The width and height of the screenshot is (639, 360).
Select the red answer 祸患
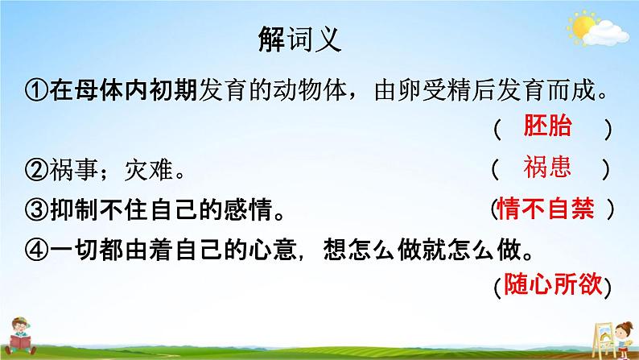click(x=547, y=167)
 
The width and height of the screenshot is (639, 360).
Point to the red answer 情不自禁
click(x=546, y=209)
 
